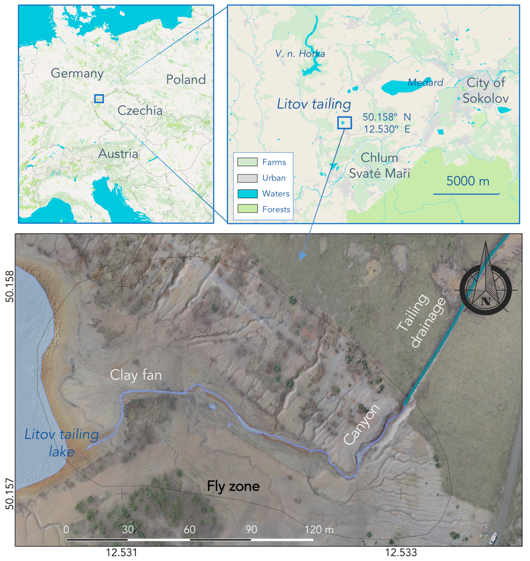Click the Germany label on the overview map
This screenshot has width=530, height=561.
click(77, 73)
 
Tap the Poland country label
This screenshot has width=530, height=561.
click(186, 79)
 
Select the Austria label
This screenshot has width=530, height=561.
click(118, 154)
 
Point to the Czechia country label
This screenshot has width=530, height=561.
click(140, 110)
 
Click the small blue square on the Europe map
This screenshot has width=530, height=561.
click(99, 98)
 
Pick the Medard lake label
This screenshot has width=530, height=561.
click(425, 83)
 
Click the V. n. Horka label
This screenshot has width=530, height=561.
click(300, 54)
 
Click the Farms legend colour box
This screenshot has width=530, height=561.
click(247, 162)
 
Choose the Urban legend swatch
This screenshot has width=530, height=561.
click(247, 178)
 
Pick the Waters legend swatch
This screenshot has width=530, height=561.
click(247, 194)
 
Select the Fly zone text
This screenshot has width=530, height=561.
click(233, 486)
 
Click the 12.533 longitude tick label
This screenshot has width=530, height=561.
click(401, 552)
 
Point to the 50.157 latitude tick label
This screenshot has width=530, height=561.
click(10, 494)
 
